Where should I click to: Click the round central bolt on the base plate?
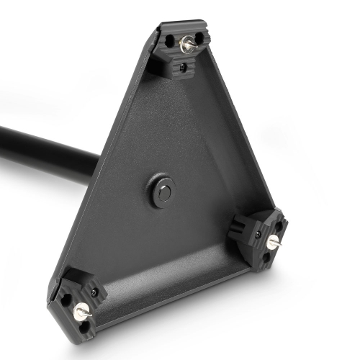click(x=162, y=192)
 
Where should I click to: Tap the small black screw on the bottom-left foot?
click(x=94, y=292)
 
